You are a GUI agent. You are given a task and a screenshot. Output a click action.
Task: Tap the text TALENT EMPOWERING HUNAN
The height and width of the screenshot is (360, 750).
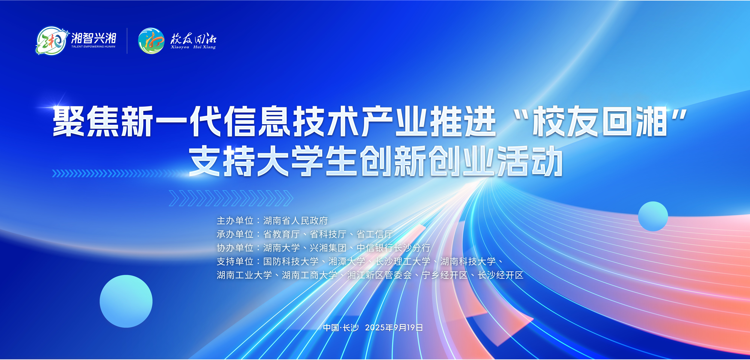93,47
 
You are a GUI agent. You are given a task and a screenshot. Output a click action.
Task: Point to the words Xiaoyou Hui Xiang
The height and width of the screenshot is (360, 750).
193,47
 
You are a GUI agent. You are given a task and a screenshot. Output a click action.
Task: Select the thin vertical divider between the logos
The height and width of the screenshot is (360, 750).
127,41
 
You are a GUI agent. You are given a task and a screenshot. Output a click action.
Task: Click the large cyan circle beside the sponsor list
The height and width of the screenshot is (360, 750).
126,301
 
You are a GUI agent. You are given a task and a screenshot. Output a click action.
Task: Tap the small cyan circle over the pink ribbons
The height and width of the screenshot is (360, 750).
653,216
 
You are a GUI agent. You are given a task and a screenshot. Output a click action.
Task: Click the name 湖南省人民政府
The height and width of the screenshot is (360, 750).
296,221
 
